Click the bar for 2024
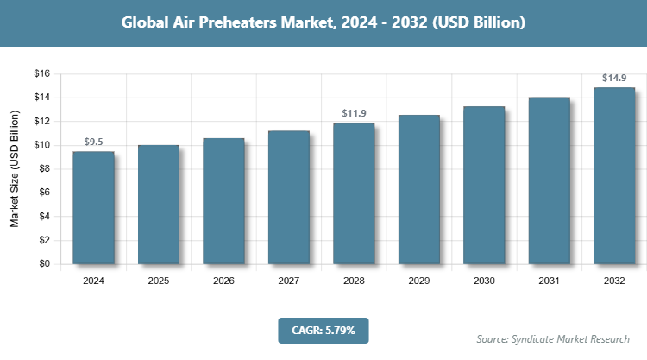tap(93, 208)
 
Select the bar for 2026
tap(223, 201)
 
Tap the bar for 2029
tap(418, 190)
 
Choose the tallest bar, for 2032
tap(614, 175)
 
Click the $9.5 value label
tap(93, 141)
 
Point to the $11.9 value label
tap(354, 112)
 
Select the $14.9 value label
tap(614, 78)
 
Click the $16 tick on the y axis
tap(41, 73)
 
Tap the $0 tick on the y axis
tap(44, 264)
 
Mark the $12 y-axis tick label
tap(41, 121)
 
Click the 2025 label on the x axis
tap(159, 281)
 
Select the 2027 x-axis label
tap(289, 281)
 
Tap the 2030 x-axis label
tap(484, 281)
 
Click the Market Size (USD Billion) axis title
tap(15, 169)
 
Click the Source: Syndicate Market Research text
tap(552, 338)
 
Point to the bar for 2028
tap(354, 194)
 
